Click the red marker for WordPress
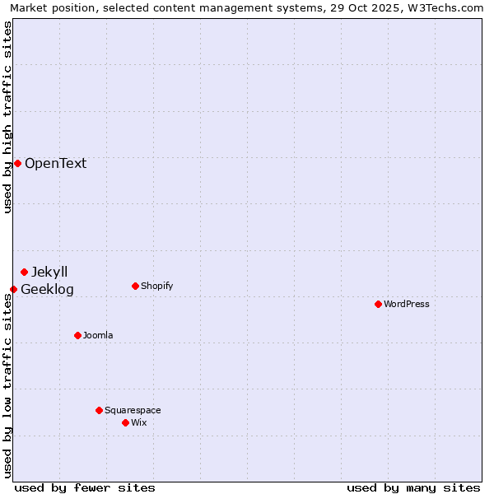click(x=378, y=304)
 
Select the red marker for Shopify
click(x=135, y=286)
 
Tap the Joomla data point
click(x=77, y=335)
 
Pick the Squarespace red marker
click(x=99, y=410)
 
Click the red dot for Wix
click(x=125, y=422)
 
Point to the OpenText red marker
click(x=17, y=163)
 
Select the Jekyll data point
click(x=24, y=272)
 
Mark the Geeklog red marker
click(x=13, y=289)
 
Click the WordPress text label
click(x=407, y=304)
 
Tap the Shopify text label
click(x=156, y=286)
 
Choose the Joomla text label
click(x=98, y=335)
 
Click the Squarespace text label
click(x=133, y=410)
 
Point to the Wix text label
click(x=138, y=422)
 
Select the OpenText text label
click(x=55, y=163)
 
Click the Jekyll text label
click(x=49, y=272)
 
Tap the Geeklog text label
click(x=47, y=289)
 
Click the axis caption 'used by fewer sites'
click(x=85, y=487)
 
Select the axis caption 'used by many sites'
click(x=413, y=487)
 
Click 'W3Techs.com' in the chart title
click(x=448, y=7)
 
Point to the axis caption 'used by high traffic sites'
click(x=7, y=117)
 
